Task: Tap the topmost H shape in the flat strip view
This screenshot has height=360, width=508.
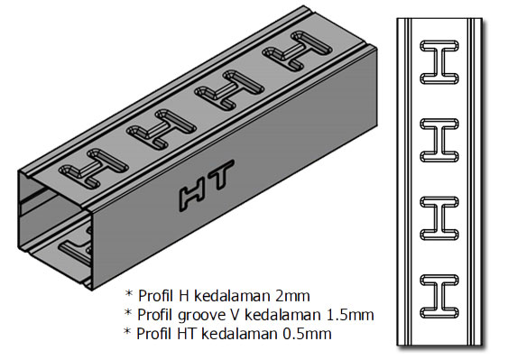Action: click(x=439, y=62)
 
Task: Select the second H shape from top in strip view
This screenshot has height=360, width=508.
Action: click(x=439, y=141)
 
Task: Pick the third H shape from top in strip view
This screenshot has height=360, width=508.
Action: click(x=439, y=218)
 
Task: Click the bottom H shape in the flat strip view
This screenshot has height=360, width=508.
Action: click(x=439, y=297)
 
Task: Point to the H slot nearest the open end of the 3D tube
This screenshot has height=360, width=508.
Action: click(x=94, y=169)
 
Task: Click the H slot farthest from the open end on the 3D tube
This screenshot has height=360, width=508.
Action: click(x=297, y=51)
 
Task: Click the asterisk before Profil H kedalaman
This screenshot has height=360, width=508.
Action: click(x=129, y=293)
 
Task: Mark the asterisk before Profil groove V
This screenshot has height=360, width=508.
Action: click(x=128, y=312)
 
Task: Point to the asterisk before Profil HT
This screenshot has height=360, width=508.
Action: click(x=127, y=331)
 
